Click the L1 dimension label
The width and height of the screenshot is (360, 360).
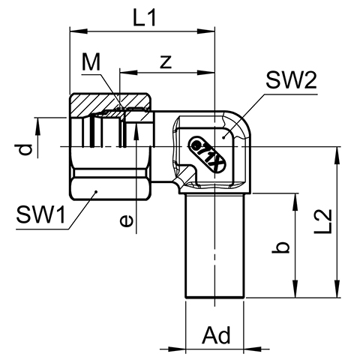tap(145, 18)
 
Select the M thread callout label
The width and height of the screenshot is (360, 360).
tap(91, 62)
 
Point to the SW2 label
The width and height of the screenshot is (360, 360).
tap(292, 80)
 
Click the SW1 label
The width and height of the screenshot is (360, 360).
tap(40, 214)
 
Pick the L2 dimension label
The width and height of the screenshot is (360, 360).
tap(322, 221)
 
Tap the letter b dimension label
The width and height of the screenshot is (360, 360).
tap(281, 248)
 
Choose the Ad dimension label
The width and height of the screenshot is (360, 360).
tap(216, 335)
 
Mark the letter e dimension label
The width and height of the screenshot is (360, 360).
tap(126, 221)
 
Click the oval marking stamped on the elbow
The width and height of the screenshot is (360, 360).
tap(208, 154)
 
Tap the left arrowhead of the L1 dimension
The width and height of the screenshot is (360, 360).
tap(79, 31)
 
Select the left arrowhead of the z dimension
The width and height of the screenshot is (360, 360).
tap(128, 73)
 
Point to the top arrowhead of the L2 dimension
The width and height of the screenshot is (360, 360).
tap(337, 155)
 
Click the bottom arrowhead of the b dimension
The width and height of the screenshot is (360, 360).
tap(295, 289)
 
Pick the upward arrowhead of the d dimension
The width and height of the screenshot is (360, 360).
tap(38, 127)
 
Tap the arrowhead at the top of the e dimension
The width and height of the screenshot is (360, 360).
tap(136, 132)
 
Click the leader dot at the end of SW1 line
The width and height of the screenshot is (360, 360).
tap(96, 192)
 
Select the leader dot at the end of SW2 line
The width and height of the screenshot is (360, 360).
tap(224, 137)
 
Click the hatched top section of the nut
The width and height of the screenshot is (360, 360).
tap(110, 102)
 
